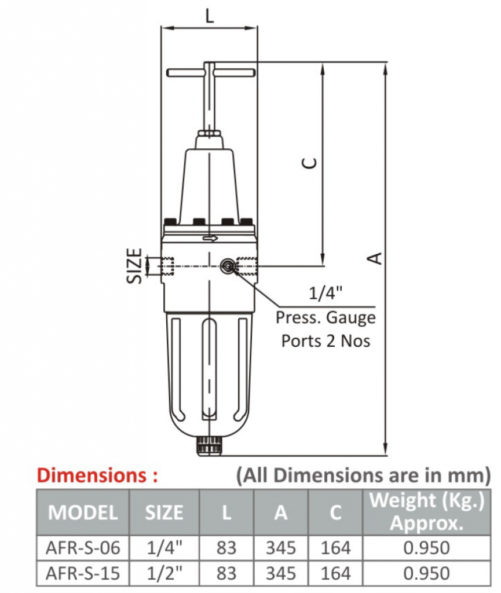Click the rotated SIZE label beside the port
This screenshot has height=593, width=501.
(135, 266)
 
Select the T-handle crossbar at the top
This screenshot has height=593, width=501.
(210, 73)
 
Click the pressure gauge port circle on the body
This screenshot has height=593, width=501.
(226, 266)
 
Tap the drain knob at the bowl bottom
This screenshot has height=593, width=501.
(210, 447)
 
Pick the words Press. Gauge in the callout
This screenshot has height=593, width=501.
(325, 318)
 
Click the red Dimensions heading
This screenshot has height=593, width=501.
(97, 476)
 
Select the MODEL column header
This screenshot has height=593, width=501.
(83, 513)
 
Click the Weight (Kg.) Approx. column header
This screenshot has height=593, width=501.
(426, 511)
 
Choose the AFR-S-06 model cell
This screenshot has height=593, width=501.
(83, 548)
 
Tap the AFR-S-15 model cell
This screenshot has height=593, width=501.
(83, 573)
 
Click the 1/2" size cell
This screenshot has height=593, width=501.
(164, 573)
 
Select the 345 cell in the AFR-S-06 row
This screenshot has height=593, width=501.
(280, 548)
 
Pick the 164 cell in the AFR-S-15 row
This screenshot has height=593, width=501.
(335, 573)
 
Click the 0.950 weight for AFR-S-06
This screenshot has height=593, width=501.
(426, 548)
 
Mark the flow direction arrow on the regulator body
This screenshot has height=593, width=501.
(210, 238)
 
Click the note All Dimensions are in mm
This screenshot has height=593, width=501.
(363, 476)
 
